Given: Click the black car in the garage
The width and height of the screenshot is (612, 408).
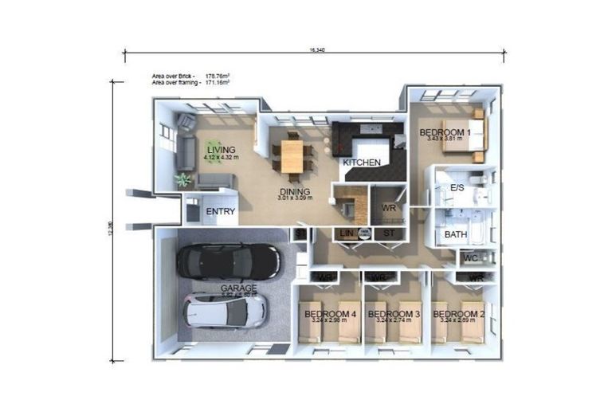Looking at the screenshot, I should [x=229, y=260].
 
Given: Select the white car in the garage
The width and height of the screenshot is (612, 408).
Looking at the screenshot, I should [x=226, y=311].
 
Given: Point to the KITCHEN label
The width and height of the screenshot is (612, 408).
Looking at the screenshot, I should [x=362, y=163].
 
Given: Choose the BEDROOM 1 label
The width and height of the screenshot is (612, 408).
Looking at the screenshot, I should [x=445, y=131].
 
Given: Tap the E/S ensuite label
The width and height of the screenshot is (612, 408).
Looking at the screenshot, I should [x=457, y=187].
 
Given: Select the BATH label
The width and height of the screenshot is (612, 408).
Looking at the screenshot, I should [x=455, y=234].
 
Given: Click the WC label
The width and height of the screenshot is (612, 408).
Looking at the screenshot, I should [x=471, y=258].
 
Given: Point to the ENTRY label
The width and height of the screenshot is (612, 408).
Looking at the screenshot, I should [x=220, y=212].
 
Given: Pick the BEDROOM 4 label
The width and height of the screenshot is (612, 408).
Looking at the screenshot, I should [x=330, y=314].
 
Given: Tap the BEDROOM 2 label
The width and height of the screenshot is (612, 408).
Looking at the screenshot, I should [x=458, y=314].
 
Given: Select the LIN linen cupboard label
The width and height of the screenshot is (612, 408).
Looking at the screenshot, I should [x=347, y=233].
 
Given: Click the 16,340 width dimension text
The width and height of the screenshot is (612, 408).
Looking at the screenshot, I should [x=317, y=49].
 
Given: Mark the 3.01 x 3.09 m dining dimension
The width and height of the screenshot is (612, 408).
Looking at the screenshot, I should [x=296, y=198].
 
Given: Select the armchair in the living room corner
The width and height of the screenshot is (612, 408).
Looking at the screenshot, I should [x=186, y=122].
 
